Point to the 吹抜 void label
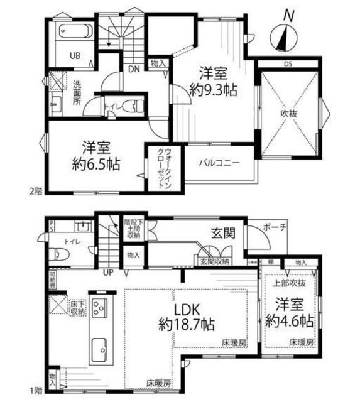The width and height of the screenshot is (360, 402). [288, 114]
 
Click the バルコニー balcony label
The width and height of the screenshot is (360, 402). [219, 162]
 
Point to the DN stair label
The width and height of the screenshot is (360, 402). [133, 68]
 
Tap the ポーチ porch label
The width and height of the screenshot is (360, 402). [274, 227]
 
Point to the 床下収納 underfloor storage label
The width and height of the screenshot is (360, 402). [74, 307]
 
